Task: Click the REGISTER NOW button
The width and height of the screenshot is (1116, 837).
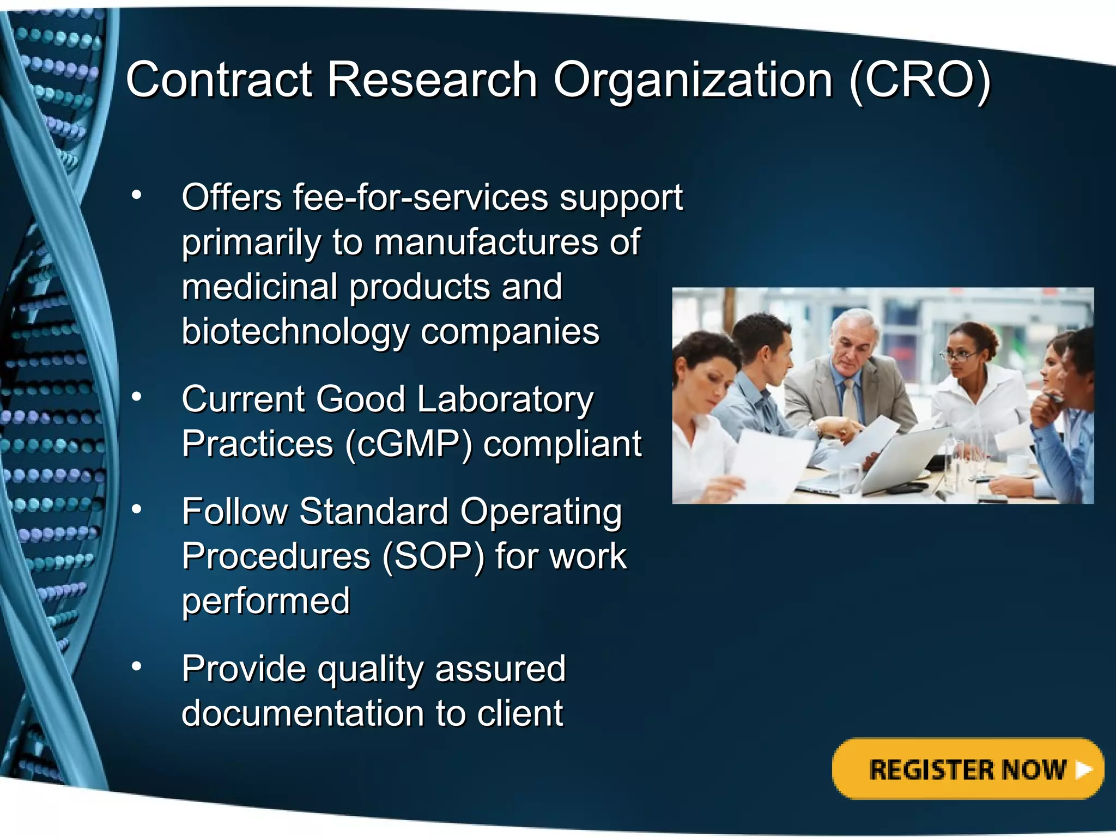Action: (967, 769)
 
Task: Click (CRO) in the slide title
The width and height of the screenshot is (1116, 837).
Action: (920, 81)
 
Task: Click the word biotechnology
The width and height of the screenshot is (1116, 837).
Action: (295, 331)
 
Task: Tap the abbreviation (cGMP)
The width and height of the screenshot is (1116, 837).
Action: (408, 444)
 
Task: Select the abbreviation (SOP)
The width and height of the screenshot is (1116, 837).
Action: (433, 556)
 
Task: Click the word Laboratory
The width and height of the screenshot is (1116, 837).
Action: (505, 399)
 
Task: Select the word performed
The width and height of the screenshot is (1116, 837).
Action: (265, 601)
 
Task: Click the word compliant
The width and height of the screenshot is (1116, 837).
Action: (562, 444)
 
